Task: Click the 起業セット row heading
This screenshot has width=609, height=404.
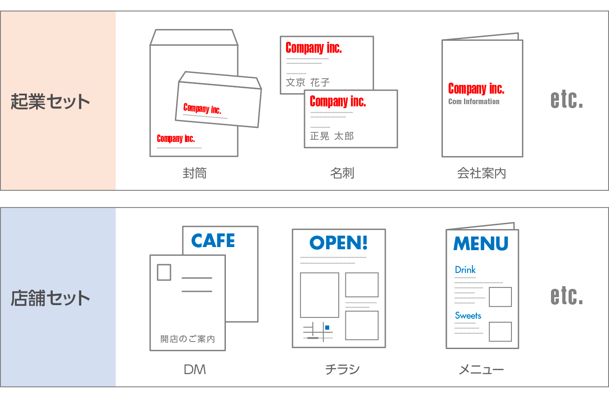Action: pyautogui.click(x=50, y=102)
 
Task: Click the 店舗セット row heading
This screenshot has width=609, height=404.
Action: pyautogui.click(x=50, y=298)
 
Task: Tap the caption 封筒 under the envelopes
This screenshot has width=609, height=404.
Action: pyautogui.click(x=195, y=173)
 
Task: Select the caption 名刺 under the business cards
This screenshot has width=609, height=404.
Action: pyautogui.click(x=342, y=173)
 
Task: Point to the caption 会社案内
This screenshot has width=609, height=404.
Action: pyautogui.click(x=482, y=173)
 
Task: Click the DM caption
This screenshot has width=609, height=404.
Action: pyautogui.click(x=195, y=370)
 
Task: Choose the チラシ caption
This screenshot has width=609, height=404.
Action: pyautogui.click(x=342, y=370)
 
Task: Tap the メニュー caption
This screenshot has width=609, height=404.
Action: pyautogui.click(x=482, y=370)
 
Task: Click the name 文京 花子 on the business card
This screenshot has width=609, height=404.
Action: pyautogui.click(x=308, y=82)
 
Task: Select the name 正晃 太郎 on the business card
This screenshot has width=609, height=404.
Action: pyautogui.click(x=332, y=136)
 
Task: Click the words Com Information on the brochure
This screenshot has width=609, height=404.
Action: pyautogui.click(x=474, y=102)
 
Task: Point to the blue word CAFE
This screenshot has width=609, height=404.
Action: pyautogui.click(x=213, y=241)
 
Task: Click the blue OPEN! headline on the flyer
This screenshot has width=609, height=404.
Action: pyautogui.click(x=338, y=243)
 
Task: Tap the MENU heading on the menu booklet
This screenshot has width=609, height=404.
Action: pyautogui.click(x=481, y=244)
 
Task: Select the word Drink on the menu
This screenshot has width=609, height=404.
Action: pyautogui.click(x=465, y=270)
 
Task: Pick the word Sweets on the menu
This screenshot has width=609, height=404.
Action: pyautogui.click(x=468, y=316)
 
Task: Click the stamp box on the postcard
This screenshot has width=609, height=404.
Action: pyautogui.click(x=164, y=272)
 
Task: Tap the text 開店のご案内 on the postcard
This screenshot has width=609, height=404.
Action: pyautogui.click(x=188, y=339)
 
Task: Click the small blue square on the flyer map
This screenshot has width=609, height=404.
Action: pyautogui.click(x=327, y=328)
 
